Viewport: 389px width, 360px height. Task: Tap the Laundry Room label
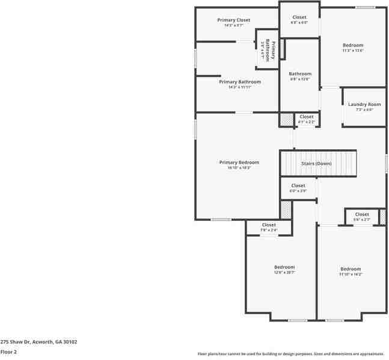[x=364, y=104]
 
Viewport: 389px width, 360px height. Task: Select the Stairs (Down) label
[x=316, y=163]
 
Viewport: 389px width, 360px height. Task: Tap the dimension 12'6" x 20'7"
[x=284, y=273]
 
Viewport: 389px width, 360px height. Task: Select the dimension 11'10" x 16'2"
[x=351, y=275]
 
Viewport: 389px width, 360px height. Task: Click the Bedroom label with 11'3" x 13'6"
[x=353, y=45]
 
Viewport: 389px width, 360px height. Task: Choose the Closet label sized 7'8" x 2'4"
[x=269, y=225]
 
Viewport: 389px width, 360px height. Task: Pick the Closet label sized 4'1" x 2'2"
[x=307, y=116]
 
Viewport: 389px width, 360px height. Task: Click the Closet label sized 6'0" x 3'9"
[x=298, y=185]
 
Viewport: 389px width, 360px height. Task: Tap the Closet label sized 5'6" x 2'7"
[x=362, y=214]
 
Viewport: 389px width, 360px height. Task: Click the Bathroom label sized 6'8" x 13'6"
[x=300, y=73]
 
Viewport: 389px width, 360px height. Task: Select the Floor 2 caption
[x=8, y=351]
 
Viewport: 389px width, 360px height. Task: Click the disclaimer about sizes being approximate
[x=291, y=353]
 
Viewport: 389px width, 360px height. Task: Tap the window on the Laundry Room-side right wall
[x=386, y=161]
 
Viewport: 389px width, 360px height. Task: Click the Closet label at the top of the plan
[x=299, y=17]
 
